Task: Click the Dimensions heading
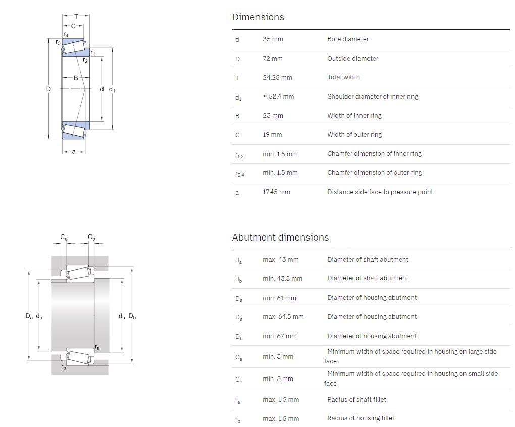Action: pos(258,17)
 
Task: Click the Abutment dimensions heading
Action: pos(280,238)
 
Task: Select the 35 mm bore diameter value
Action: pos(273,39)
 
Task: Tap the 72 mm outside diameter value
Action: pos(273,59)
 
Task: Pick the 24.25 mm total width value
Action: pos(277,78)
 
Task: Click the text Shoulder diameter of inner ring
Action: pos(373,97)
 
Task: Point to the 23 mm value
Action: pos(273,116)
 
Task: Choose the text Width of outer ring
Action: pos(354,135)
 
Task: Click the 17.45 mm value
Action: pos(276,192)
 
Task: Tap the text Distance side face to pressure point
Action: pos(380,192)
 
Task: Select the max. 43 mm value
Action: pos(281,260)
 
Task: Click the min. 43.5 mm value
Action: pos(282,279)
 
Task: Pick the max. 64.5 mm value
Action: pos(283,317)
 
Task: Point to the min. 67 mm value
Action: pos(280,336)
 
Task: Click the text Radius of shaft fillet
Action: pos(356,400)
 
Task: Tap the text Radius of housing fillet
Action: pos(360,418)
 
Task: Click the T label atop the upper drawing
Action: pos(76,16)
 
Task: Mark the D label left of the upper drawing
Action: pos(48,89)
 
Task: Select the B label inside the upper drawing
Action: pos(76,78)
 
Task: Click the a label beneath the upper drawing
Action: pos(74,152)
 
